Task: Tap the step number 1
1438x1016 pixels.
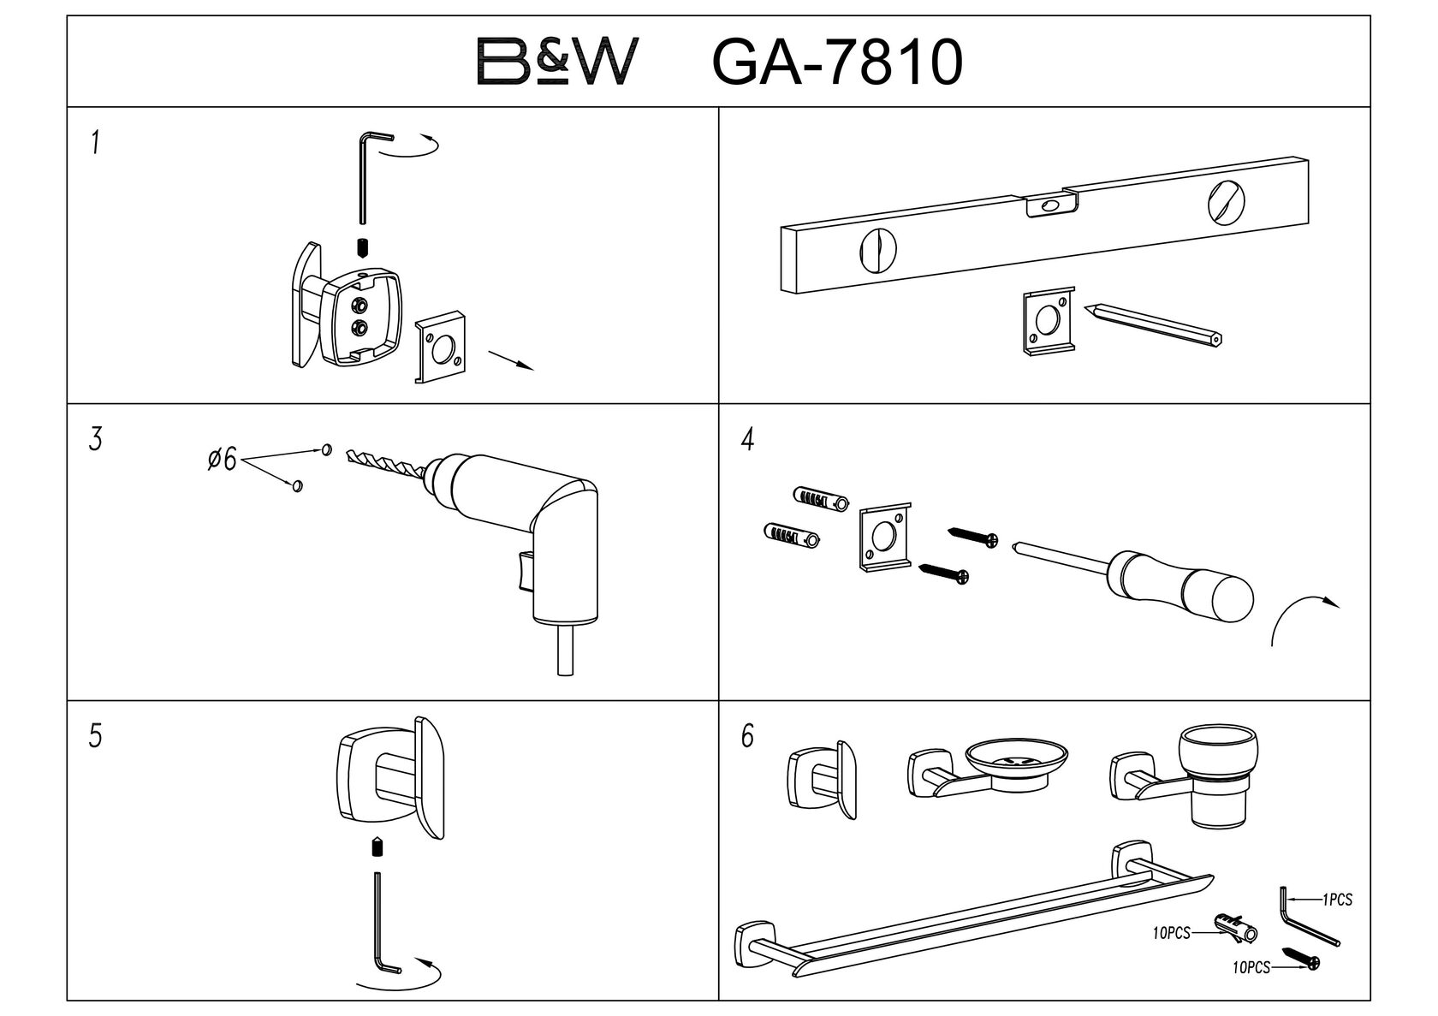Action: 96,143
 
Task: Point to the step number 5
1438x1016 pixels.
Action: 95,736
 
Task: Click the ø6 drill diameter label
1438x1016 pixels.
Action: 222,460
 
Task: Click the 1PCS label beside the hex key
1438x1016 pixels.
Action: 1337,900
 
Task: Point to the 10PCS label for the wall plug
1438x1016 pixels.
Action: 1171,934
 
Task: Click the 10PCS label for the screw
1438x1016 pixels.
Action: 1251,968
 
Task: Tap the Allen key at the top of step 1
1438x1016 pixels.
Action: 368,171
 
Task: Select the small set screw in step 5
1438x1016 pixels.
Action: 377,848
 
